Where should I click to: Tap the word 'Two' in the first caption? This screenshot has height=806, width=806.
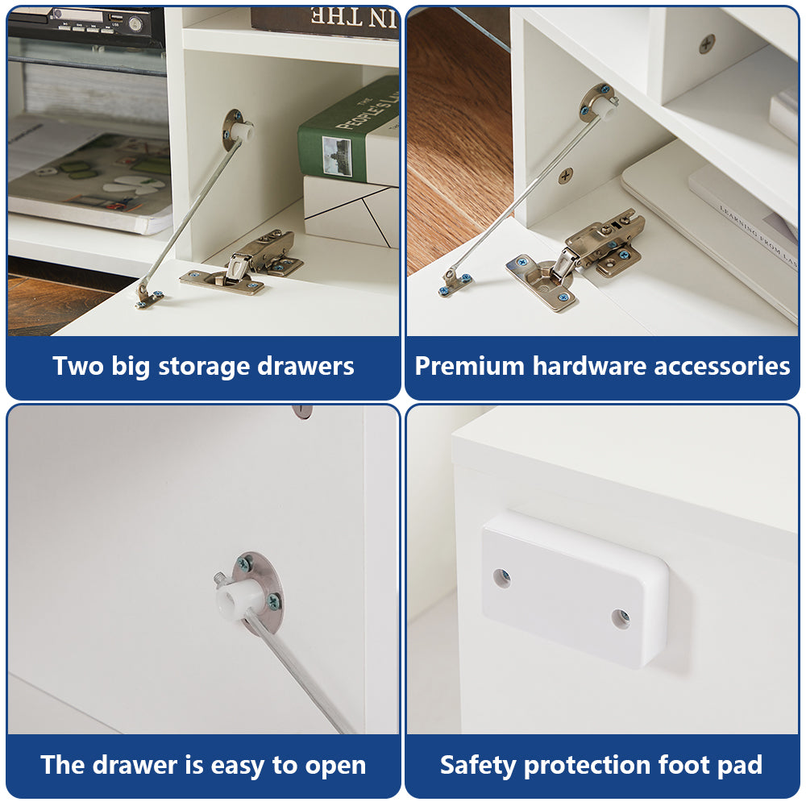[x=78, y=367]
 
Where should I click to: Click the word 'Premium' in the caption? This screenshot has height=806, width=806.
[x=469, y=366]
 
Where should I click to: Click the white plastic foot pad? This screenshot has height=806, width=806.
[x=575, y=589]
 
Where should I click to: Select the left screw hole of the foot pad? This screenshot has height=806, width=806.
[x=501, y=578]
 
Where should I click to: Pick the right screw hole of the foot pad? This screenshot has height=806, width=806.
[x=621, y=618]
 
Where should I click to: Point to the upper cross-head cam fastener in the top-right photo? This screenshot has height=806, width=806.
[x=708, y=44]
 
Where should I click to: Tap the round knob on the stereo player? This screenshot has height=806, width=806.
[x=135, y=23]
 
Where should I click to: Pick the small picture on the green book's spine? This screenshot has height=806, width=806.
[x=337, y=156]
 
